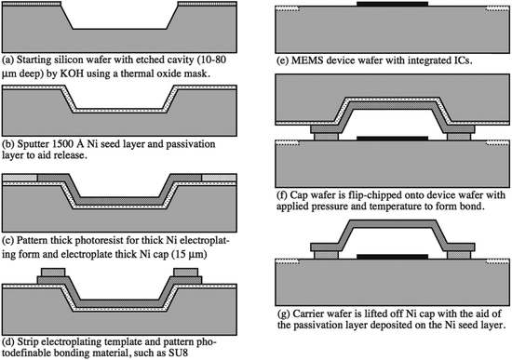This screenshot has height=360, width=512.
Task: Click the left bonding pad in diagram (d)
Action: pos(53,273)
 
